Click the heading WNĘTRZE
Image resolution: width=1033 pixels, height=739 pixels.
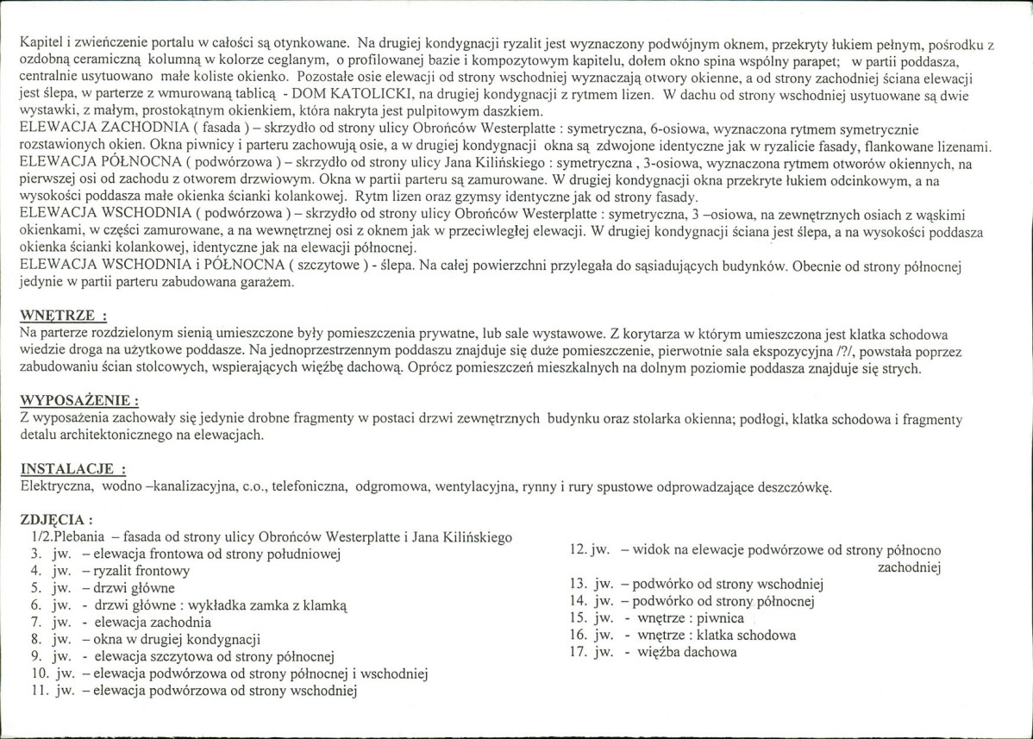(62, 316)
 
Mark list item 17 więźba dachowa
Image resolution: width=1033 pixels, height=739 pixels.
(681, 652)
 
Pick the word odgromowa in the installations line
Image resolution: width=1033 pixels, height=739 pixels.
(394, 487)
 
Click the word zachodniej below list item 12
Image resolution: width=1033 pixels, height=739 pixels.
(908, 567)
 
